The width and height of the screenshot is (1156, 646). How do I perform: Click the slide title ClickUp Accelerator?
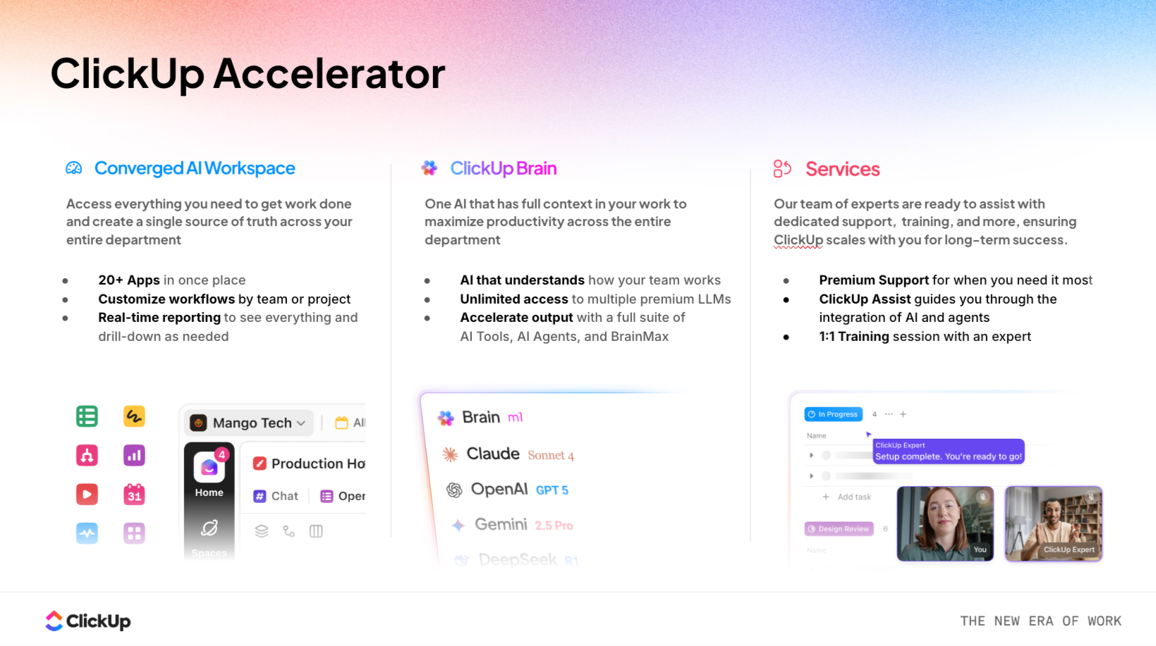248,73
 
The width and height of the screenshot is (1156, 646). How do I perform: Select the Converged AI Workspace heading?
194,168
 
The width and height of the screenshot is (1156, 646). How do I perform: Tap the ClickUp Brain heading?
503,168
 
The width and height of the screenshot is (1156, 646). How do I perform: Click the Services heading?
842,169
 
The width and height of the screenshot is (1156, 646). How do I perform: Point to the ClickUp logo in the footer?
88,621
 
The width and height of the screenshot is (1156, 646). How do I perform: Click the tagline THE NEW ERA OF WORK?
1040,621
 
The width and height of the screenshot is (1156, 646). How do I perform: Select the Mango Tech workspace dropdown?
249,423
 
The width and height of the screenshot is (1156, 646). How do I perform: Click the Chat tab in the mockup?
276,496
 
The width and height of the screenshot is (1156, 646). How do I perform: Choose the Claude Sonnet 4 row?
508,454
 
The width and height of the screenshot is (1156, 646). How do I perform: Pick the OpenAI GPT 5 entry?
508,490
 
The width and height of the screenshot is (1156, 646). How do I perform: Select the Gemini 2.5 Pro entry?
513,525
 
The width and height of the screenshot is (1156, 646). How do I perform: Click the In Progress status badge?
833,414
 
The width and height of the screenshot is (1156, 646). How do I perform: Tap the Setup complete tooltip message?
948,452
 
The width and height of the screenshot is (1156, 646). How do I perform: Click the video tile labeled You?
944,523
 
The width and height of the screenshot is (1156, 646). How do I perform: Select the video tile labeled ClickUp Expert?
1053,523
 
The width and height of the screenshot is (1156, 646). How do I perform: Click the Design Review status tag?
839,528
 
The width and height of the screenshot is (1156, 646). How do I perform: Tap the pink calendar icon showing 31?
134,494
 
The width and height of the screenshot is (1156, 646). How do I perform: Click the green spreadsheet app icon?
87,416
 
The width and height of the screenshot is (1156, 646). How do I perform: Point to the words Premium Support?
873,280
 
